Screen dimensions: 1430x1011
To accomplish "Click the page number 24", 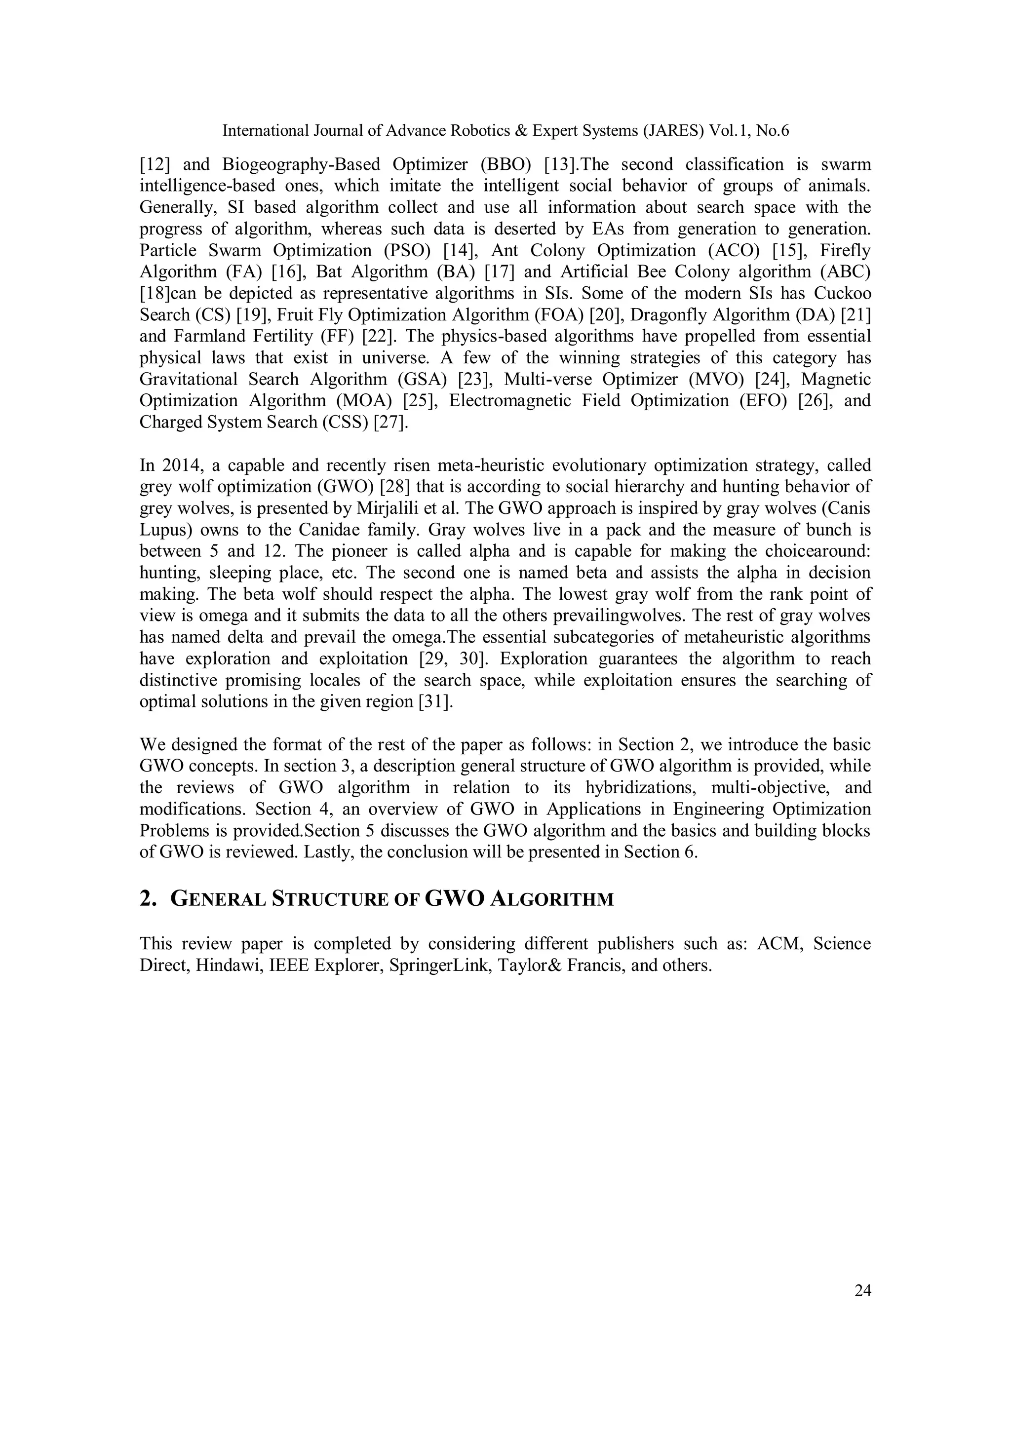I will [862, 1291].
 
